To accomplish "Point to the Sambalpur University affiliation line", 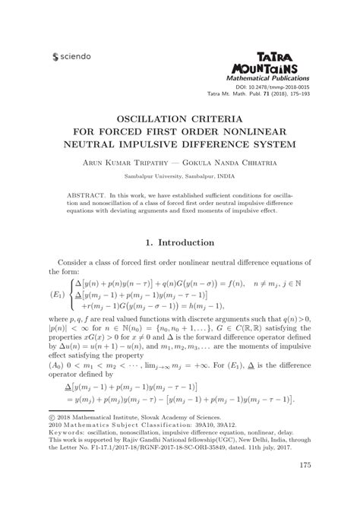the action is (180, 175).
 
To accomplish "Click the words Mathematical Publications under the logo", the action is (262, 78).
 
